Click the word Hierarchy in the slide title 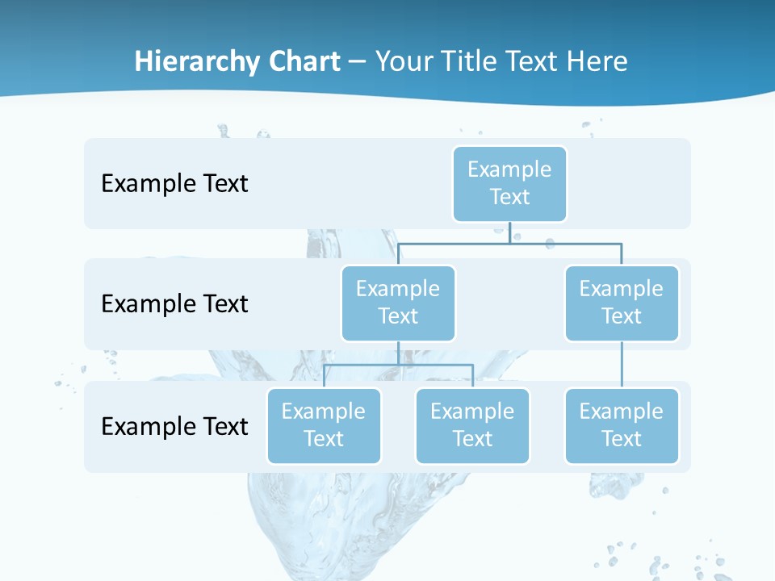(185, 61)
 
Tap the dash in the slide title (358, 62)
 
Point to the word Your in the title (404, 61)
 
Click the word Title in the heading (469, 61)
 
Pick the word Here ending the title (599, 61)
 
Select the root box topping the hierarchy (509, 183)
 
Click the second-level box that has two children (398, 303)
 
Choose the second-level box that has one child (622, 303)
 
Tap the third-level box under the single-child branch (622, 425)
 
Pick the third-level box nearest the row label (324, 425)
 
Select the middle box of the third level (472, 425)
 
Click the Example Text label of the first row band (174, 183)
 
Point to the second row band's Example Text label (174, 303)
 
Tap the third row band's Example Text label (174, 426)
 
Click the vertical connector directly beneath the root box (509, 232)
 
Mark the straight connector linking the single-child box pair (622, 365)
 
